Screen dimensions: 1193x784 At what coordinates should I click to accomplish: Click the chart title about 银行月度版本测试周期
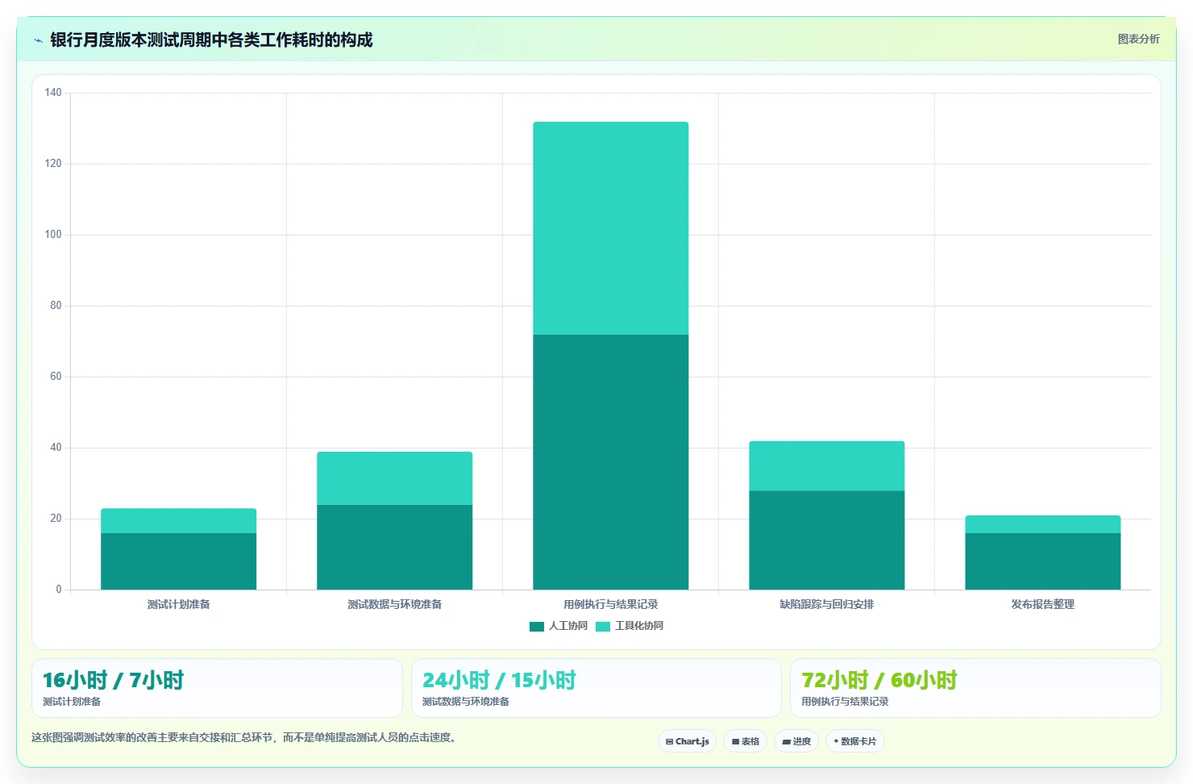pos(211,40)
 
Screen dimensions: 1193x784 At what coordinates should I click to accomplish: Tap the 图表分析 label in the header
pos(1138,39)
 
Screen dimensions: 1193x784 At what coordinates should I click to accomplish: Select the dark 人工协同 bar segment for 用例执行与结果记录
pos(610,462)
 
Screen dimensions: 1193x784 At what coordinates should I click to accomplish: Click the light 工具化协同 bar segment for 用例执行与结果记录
pos(610,228)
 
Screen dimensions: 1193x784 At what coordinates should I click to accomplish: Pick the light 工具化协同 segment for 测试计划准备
pos(178,521)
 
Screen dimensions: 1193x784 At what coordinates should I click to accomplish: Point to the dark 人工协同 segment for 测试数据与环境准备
pos(395,547)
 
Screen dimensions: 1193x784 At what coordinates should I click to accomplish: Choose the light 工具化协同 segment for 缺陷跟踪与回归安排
pos(826,466)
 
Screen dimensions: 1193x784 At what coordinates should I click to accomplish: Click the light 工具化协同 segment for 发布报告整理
pos(1043,524)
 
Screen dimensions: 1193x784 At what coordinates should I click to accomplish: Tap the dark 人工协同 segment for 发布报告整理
pos(1043,561)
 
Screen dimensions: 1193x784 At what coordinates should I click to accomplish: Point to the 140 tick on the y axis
pos(53,93)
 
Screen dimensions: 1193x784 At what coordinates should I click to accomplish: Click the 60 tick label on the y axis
pos(56,377)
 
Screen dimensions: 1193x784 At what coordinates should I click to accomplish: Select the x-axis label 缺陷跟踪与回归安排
pos(826,604)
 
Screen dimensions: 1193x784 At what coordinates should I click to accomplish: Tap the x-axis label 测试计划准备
pos(178,604)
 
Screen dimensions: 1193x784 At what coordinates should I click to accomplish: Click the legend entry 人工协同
pos(559,626)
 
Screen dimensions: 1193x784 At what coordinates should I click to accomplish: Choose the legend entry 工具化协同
pos(630,626)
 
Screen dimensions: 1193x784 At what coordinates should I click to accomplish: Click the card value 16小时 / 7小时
pos(113,680)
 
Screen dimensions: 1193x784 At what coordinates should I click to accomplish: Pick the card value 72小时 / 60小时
pos(879,680)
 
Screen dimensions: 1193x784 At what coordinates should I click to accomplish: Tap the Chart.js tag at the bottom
pos(687,741)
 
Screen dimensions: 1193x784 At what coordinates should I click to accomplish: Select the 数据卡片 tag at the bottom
pos(854,741)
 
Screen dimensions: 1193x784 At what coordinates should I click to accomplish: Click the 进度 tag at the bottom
pos(796,741)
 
